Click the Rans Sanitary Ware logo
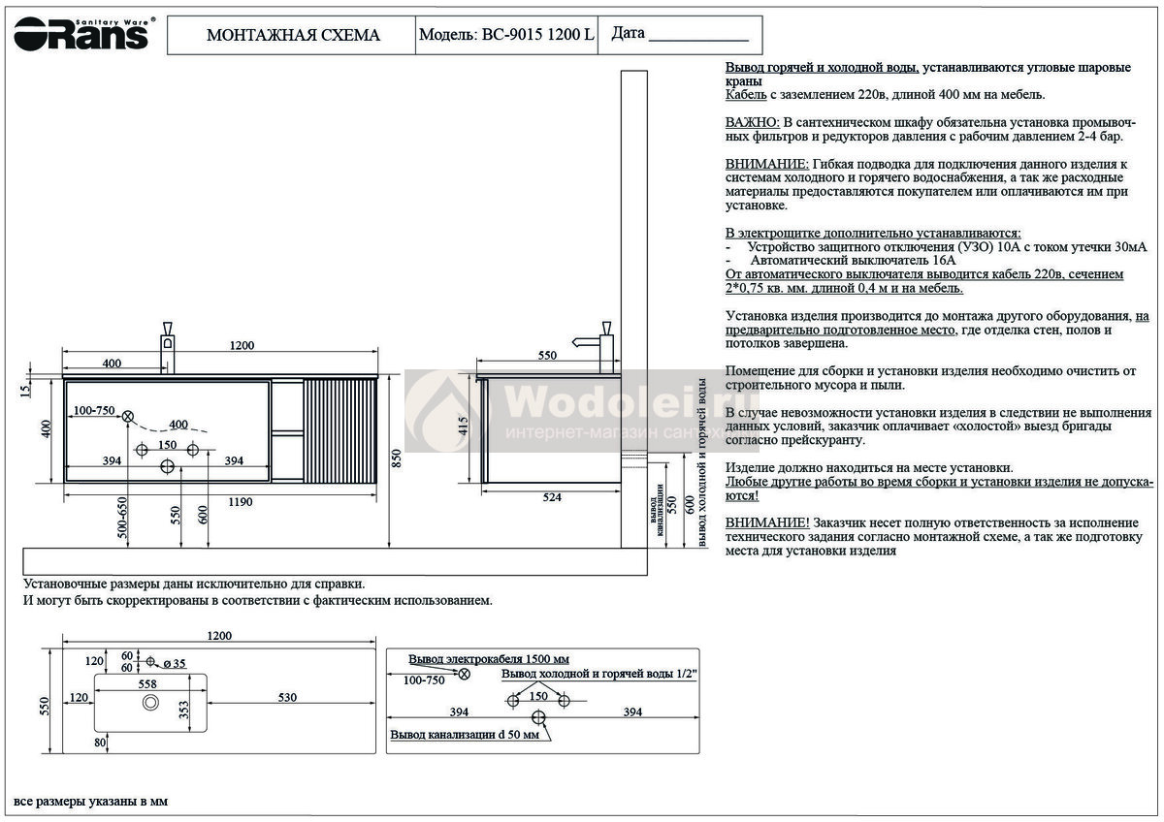(x=81, y=35)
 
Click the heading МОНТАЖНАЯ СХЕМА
(x=293, y=36)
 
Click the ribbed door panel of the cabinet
(x=339, y=430)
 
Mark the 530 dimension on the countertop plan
(x=286, y=698)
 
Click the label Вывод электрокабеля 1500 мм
(x=489, y=659)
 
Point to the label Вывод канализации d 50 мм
(x=464, y=736)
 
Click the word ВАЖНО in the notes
(x=752, y=123)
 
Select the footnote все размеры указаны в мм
(x=90, y=803)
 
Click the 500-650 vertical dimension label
(x=122, y=524)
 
